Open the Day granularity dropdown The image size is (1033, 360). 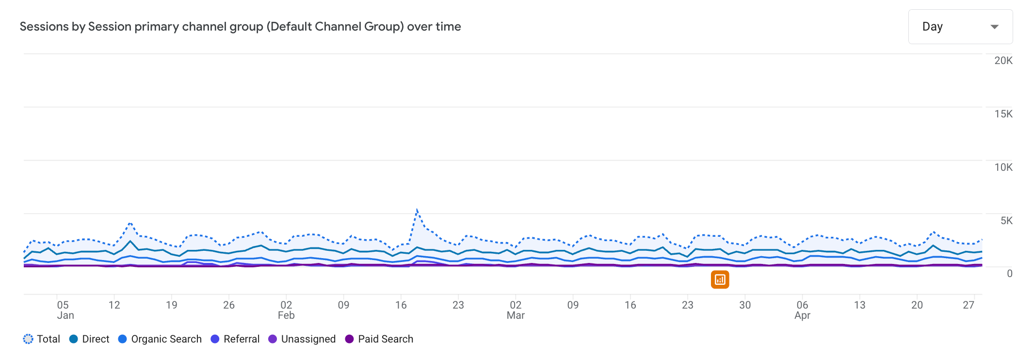tap(960, 27)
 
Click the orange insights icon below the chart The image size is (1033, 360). tap(720, 279)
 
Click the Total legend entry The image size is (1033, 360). tap(42, 339)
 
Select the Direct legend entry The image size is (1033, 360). tap(90, 339)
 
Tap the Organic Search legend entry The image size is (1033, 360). tap(160, 339)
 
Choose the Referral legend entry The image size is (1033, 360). tap(236, 339)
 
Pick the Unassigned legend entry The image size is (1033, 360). tap(302, 339)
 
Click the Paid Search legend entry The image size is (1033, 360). tap(379, 339)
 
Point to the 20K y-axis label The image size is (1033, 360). tap(1003, 61)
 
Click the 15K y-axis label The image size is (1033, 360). tap(1003, 114)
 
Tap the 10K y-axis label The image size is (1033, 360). tap(1003, 167)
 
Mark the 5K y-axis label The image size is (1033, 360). tap(1006, 221)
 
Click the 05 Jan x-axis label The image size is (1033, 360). tap(64, 310)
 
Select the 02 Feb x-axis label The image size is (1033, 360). tap(286, 310)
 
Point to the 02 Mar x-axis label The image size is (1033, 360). tap(516, 310)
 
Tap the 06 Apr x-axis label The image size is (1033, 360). tap(802, 310)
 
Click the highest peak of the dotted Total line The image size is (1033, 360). tap(417, 210)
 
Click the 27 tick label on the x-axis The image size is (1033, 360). tap(968, 305)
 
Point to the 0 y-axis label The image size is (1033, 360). tap(1009, 274)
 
